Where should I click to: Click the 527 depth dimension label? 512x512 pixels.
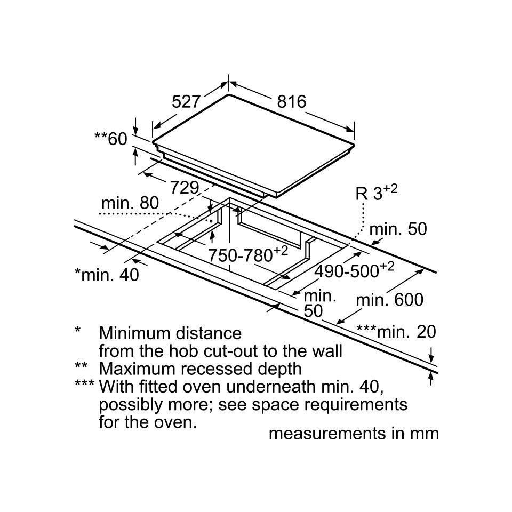coord(186,102)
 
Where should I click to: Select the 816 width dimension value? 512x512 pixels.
coord(291,102)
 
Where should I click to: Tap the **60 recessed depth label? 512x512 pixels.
coord(111,139)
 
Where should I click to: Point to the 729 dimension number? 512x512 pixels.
coord(184,187)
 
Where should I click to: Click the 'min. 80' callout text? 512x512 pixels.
coord(130,203)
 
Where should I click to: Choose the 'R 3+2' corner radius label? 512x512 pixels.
coord(377,193)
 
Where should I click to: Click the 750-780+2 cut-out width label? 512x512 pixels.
coord(248,255)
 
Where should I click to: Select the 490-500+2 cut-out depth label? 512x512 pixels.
coord(354,270)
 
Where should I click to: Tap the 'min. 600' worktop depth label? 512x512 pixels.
coord(389,300)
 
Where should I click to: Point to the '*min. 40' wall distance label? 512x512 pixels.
coord(107,274)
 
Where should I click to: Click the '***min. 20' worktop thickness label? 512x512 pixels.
coord(396,332)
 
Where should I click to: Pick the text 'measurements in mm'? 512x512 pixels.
coord(354,433)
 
